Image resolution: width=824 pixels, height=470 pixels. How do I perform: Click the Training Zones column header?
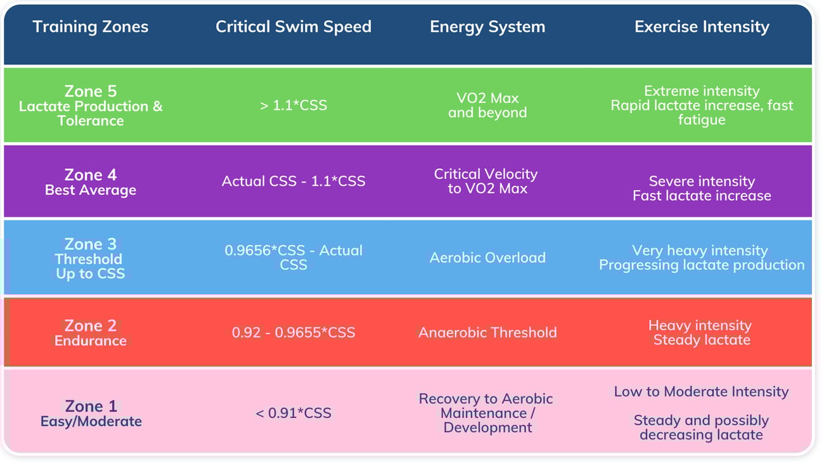pyautogui.click(x=90, y=27)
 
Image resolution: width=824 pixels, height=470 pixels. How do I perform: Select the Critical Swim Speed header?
pyautogui.click(x=293, y=27)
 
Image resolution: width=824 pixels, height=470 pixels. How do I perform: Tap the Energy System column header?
pyautogui.click(x=487, y=27)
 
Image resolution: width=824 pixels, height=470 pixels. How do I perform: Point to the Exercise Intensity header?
pyautogui.click(x=702, y=27)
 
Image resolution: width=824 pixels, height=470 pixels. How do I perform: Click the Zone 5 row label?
pyautogui.click(x=91, y=105)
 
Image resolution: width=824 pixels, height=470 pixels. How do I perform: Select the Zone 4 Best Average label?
pyautogui.click(x=91, y=181)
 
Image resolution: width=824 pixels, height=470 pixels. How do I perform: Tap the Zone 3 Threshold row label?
pyautogui.click(x=91, y=259)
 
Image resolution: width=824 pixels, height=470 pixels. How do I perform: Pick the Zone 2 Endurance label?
pyautogui.click(x=91, y=333)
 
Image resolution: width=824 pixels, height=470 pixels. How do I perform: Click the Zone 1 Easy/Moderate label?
pyautogui.click(x=91, y=413)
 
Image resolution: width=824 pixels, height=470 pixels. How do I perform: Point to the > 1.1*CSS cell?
pyautogui.click(x=293, y=105)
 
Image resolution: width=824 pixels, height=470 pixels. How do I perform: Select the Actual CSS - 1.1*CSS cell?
pyautogui.click(x=293, y=181)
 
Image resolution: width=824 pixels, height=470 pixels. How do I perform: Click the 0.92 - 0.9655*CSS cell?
pyautogui.click(x=293, y=332)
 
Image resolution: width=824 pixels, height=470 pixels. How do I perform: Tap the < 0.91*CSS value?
pyautogui.click(x=293, y=413)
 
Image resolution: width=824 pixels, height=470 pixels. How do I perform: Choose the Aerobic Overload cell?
pyautogui.click(x=487, y=258)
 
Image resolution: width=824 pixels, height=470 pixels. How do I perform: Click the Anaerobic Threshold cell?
pyautogui.click(x=487, y=332)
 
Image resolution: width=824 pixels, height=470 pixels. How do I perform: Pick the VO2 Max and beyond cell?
pyautogui.click(x=487, y=105)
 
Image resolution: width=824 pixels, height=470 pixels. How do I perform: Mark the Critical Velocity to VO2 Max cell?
pyautogui.click(x=486, y=181)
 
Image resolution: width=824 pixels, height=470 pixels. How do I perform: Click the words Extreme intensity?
pyautogui.click(x=701, y=91)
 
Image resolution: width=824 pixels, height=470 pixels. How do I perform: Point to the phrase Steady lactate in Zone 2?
pyautogui.click(x=701, y=340)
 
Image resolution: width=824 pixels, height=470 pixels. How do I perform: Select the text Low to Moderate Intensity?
pyautogui.click(x=701, y=392)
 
